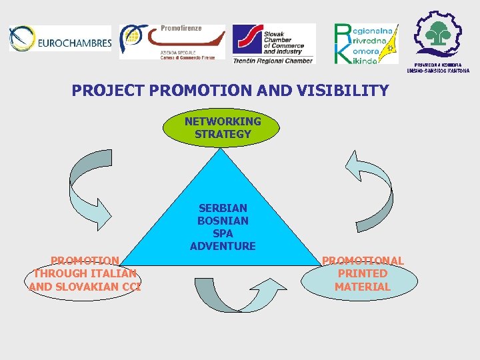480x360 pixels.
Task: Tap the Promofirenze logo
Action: (x=171, y=42)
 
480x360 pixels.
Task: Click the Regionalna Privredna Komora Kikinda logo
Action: (x=365, y=43)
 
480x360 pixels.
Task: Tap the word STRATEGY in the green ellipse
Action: (x=223, y=134)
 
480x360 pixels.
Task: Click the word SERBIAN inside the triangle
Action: (x=223, y=208)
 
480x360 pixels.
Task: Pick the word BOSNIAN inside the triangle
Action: (x=223, y=221)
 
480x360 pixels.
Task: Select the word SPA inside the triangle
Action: (x=223, y=233)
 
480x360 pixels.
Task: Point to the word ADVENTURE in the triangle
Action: (x=223, y=246)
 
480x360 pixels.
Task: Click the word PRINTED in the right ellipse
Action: (x=363, y=273)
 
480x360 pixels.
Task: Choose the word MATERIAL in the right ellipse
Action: (x=363, y=287)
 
